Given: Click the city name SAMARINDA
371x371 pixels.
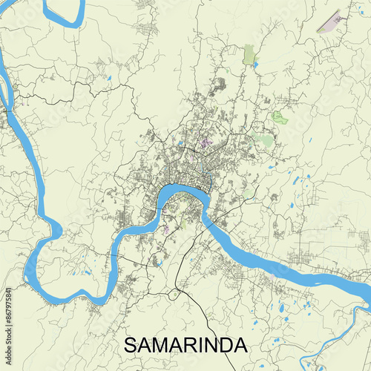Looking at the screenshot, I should point(185,346).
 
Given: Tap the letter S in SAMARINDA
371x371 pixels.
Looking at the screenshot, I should point(129,346).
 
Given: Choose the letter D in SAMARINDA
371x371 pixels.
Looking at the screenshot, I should point(224,346).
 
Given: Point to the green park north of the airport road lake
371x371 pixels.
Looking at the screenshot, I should point(249,53).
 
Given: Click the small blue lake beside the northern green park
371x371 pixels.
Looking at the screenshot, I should point(256,65).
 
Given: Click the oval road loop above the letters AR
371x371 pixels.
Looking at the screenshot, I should point(174,295).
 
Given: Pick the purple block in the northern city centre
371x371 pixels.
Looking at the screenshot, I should point(205,142).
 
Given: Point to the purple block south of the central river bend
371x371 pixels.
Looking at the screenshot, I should point(165,229).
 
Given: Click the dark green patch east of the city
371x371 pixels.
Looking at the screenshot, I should point(278,116).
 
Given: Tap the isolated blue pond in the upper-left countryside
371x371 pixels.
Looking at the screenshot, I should point(108,77).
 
